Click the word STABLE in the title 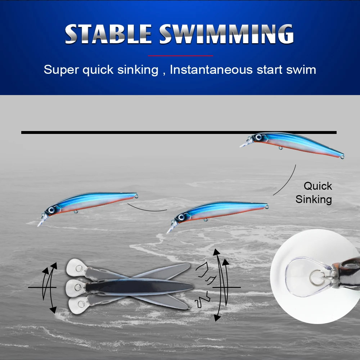tap(108, 34)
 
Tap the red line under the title tap(180, 56)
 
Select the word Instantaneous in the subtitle tap(211, 69)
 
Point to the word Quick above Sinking tap(318, 186)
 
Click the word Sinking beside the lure tap(314, 199)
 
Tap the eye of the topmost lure tap(258, 137)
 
